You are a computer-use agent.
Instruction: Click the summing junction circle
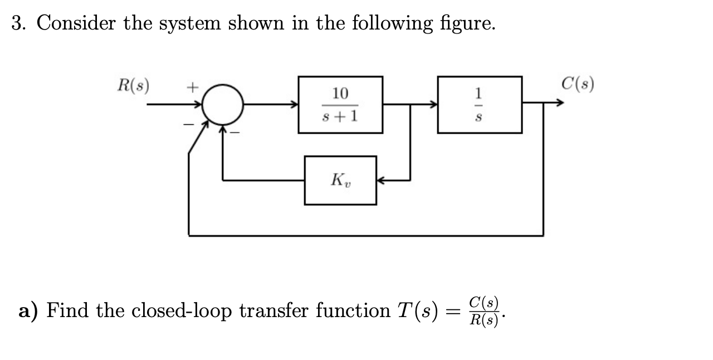[x=222, y=104]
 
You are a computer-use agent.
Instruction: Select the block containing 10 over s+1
[x=340, y=105]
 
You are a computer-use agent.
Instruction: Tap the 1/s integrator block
[x=480, y=105]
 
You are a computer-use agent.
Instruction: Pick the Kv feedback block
[x=340, y=180]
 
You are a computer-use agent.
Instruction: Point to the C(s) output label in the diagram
[x=578, y=84]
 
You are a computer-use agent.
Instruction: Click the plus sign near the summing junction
[x=191, y=87]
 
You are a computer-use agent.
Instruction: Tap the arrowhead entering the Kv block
[x=382, y=180]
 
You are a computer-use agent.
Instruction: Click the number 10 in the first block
[x=340, y=93]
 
